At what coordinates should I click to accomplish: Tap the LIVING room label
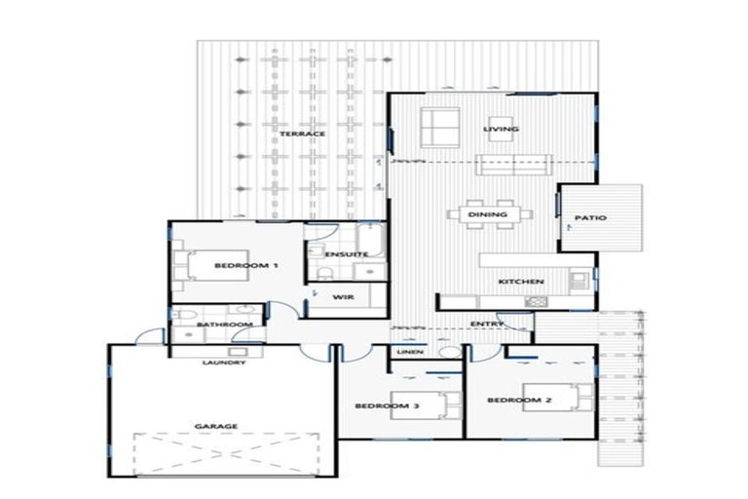502,129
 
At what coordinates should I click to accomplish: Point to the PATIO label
590,218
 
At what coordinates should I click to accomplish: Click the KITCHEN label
521,282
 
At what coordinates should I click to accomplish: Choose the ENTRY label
485,324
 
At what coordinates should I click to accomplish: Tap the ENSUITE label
347,255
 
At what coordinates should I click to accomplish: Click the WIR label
342,297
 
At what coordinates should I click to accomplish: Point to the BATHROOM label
225,325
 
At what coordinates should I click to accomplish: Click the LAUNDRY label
223,364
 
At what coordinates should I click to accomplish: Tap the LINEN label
409,352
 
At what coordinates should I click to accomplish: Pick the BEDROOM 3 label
386,405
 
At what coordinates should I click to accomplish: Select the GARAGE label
216,426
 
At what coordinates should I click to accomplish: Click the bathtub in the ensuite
370,238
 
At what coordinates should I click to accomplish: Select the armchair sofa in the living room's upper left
439,125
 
